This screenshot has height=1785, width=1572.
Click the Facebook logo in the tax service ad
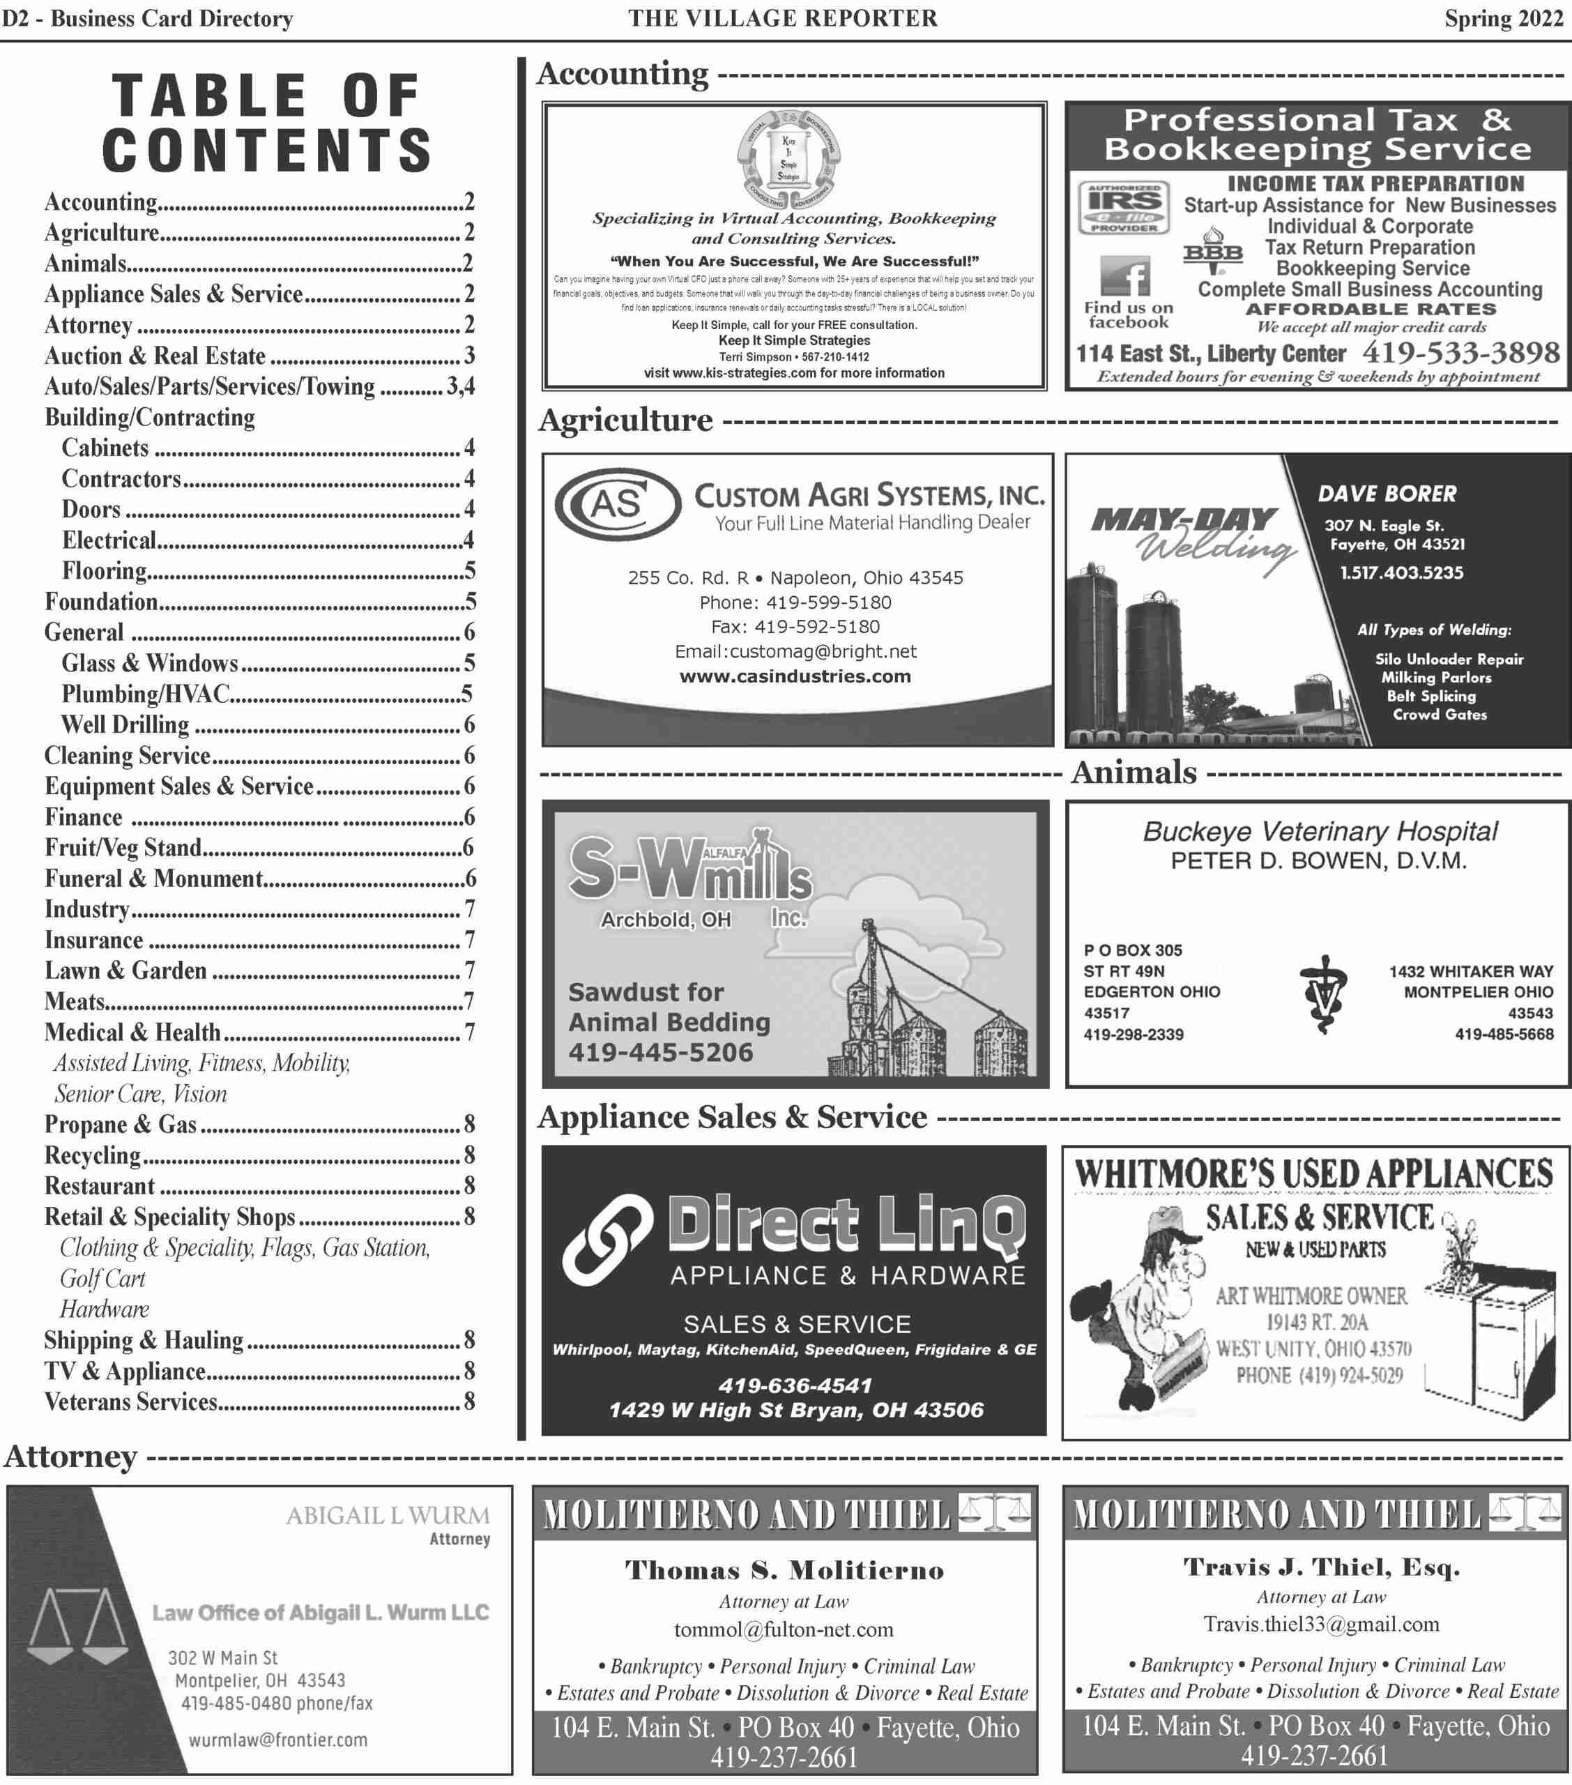[1125, 277]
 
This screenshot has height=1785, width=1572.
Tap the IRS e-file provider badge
[1124, 208]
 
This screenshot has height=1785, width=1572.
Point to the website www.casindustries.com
[795, 676]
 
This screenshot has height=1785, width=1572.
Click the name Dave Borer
[1387, 494]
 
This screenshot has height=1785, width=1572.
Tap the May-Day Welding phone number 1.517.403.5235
[1402, 573]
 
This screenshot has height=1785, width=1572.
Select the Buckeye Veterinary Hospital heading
[1320, 831]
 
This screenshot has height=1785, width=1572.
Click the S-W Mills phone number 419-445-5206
[660, 1052]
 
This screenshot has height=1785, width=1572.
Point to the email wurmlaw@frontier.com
[277, 1740]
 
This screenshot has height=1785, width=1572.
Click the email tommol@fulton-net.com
[784, 1630]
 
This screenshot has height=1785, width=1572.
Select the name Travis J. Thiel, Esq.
[1321, 1567]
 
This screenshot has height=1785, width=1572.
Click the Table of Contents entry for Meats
[75, 1002]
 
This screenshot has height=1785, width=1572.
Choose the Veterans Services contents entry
[131, 1402]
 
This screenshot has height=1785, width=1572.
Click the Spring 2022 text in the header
[1503, 18]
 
